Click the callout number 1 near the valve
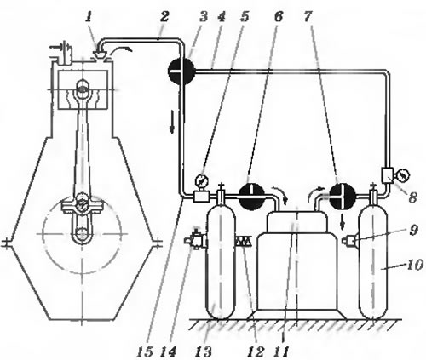(89, 18)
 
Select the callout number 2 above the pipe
(164, 18)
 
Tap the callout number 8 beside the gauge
(412, 197)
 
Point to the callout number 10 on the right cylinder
(415, 265)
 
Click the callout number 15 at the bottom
(145, 352)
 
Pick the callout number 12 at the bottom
(256, 352)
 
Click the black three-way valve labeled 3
(181, 70)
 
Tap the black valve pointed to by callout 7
(343, 196)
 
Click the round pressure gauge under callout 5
(202, 180)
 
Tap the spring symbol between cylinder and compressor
(243, 242)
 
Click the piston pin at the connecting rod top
(83, 89)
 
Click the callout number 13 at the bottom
(204, 352)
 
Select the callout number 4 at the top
(221, 18)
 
